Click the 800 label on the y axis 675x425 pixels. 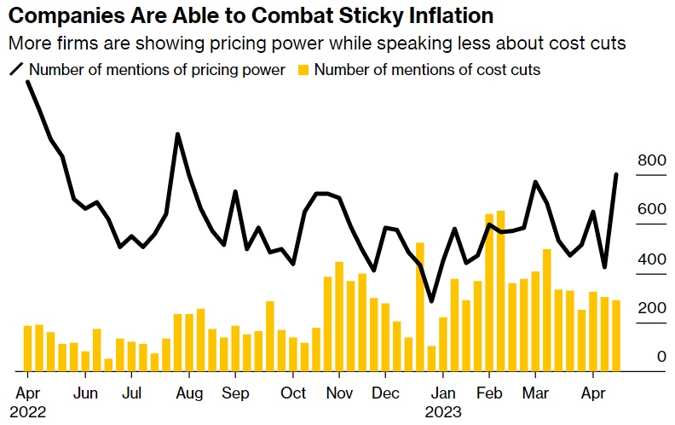(x=651, y=160)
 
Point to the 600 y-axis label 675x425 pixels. (x=651, y=209)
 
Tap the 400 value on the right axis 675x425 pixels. (x=651, y=259)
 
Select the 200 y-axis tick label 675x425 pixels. (x=651, y=308)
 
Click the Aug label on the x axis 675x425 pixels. (x=188, y=394)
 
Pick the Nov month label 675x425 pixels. (x=339, y=394)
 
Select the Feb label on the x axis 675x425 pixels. (x=489, y=394)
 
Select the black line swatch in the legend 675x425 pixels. (x=16, y=70)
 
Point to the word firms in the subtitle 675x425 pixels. (x=64, y=43)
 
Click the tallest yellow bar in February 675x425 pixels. (x=500, y=290)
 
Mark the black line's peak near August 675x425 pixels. (x=177, y=134)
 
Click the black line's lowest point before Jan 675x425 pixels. (x=431, y=301)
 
